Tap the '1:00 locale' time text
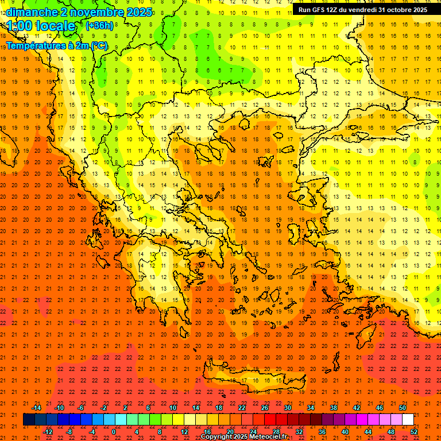pos(41,26)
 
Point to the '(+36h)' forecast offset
pos(99,26)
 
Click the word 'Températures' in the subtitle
pos(33,45)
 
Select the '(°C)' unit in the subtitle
pos(99,45)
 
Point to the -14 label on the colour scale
pos(36,408)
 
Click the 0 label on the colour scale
pos(114,432)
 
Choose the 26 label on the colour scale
pos(265,408)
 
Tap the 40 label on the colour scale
pos(345,432)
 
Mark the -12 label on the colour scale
pos(48,432)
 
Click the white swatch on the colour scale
pos(408,420)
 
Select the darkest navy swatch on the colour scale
pos(29,420)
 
